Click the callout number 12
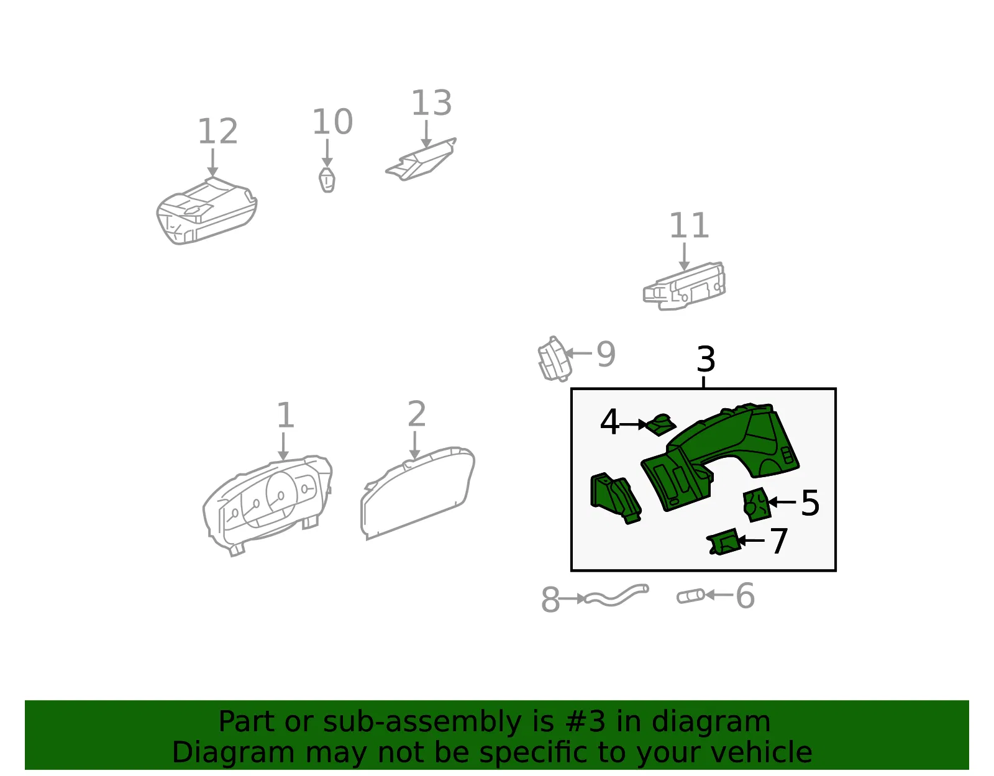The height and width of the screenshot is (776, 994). pyautogui.click(x=217, y=131)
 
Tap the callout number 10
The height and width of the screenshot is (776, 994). pyautogui.click(x=332, y=122)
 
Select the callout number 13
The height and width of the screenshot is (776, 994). pyautogui.click(x=432, y=103)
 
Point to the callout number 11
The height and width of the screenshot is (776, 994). pyautogui.click(x=689, y=225)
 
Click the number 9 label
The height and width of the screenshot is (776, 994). pyautogui.click(x=606, y=354)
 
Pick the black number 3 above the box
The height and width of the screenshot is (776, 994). pyautogui.click(x=706, y=359)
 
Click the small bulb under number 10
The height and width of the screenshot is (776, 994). pyautogui.click(x=327, y=180)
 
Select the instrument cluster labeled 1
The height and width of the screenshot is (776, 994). pyautogui.click(x=268, y=505)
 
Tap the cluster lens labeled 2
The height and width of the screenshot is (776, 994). pyautogui.click(x=417, y=493)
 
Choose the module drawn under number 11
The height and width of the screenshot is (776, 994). pyautogui.click(x=685, y=286)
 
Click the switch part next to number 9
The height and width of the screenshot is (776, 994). pyautogui.click(x=555, y=359)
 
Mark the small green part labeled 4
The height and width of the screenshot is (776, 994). pyautogui.click(x=660, y=425)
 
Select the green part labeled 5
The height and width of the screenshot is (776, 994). pyautogui.click(x=757, y=505)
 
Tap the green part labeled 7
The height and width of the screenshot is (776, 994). pyautogui.click(x=723, y=542)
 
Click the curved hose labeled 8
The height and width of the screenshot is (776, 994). pyautogui.click(x=617, y=595)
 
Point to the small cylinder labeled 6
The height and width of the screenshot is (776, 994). pyautogui.click(x=691, y=596)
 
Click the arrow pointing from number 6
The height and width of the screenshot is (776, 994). pyautogui.click(x=719, y=595)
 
